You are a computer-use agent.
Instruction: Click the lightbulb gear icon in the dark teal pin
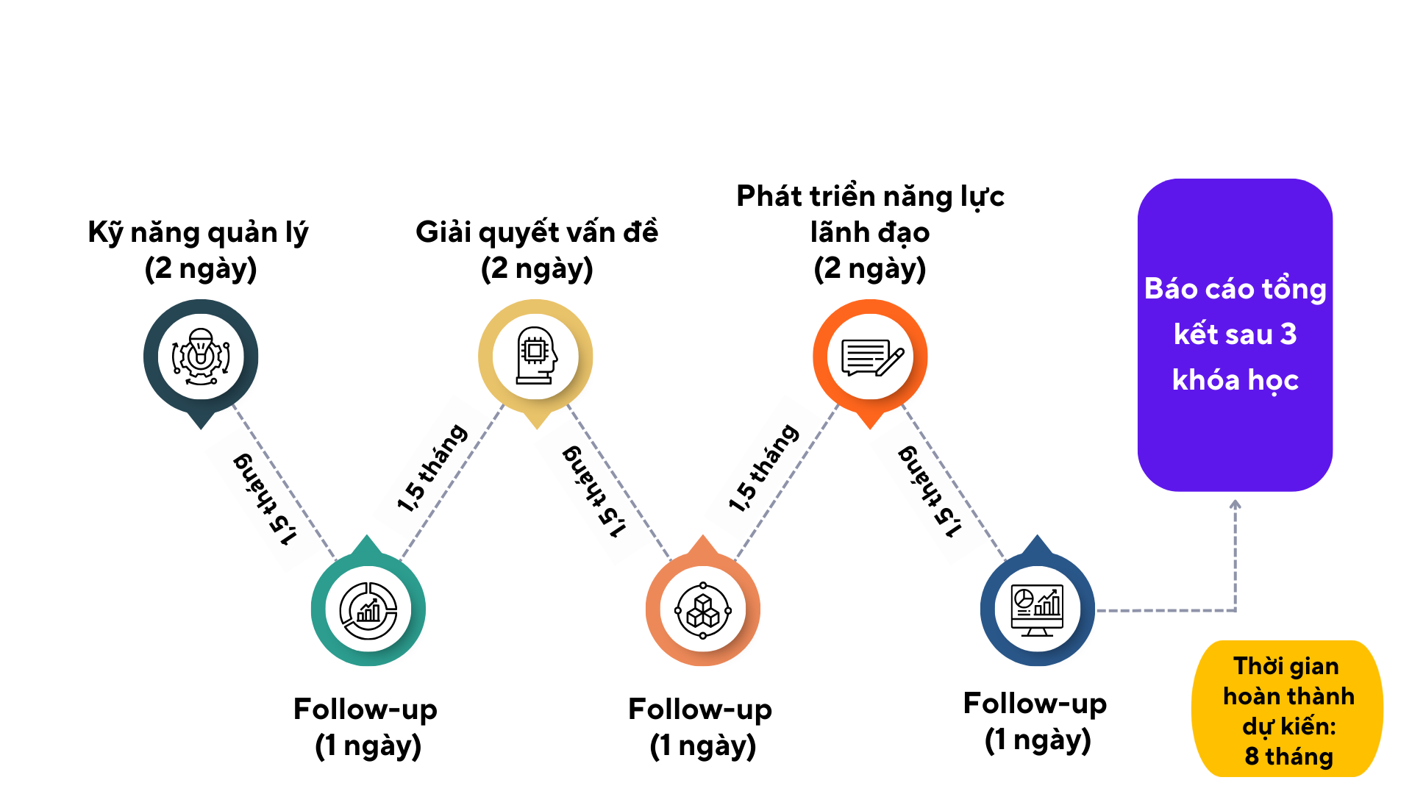201,357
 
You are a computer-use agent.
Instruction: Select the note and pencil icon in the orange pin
871,357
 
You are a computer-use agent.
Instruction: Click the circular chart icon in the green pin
368,610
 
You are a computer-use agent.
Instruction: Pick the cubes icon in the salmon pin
703,610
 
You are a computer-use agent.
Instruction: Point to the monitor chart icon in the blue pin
1037,610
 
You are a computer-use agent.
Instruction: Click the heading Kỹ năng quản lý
198,232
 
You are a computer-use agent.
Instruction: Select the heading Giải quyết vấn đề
537,232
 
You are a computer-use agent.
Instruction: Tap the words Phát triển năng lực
870,196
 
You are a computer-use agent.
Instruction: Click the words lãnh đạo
870,232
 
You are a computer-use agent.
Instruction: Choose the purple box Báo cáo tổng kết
1235,335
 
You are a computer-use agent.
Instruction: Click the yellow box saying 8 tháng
1288,709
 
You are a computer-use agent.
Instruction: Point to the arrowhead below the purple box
1235,504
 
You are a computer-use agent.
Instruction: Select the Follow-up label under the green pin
366,709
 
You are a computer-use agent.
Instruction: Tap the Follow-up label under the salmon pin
700,709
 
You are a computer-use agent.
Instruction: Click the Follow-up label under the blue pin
1035,704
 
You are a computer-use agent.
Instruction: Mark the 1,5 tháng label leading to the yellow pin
432,468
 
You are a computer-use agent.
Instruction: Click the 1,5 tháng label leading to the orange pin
764,468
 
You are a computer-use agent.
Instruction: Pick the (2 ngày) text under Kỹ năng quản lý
201,268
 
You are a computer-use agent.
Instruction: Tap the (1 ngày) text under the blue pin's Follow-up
1038,740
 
